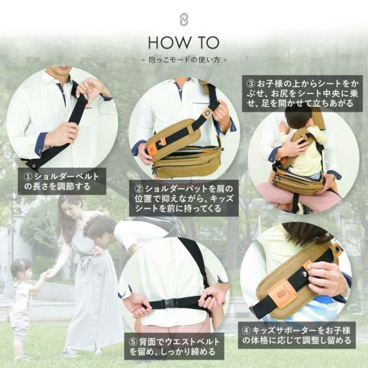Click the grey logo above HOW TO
point(184,20)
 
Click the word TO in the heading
point(206,43)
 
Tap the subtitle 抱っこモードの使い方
point(184,60)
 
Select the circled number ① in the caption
point(28,177)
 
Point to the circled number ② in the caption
point(139,189)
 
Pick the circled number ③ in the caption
point(251,84)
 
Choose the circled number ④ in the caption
point(246,331)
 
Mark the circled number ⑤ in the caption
point(133,342)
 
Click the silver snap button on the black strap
point(304,273)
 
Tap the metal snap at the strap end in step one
point(33,166)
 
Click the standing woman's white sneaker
point(69,352)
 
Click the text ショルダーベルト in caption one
point(67,177)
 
